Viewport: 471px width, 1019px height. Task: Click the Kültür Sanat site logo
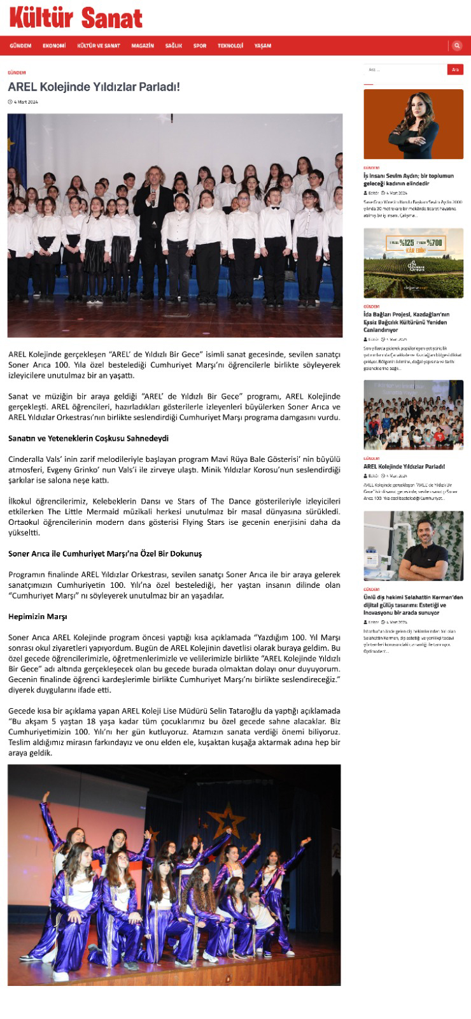[76, 18]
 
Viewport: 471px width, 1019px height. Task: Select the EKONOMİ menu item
[54, 46]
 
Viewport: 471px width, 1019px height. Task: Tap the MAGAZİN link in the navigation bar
[143, 46]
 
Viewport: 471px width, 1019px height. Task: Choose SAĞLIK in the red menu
[174, 46]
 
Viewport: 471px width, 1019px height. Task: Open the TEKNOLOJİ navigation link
[230, 46]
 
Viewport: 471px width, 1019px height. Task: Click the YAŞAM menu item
[263, 46]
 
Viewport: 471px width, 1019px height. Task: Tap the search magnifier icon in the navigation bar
[457, 46]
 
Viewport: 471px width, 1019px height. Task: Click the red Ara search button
[455, 69]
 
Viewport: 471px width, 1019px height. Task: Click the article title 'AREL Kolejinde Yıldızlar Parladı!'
[94, 87]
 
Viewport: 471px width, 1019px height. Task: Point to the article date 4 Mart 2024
[25, 102]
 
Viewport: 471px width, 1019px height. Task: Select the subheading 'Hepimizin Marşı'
[38, 616]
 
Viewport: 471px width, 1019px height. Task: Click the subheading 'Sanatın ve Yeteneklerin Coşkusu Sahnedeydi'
[88, 438]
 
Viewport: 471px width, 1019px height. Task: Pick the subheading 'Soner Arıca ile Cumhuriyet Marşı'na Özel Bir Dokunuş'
[105, 553]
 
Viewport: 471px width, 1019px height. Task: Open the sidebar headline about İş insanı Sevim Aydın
[409, 180]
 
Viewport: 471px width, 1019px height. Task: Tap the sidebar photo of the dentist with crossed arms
[413, 546]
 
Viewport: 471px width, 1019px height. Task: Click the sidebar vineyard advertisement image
[413, 263]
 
